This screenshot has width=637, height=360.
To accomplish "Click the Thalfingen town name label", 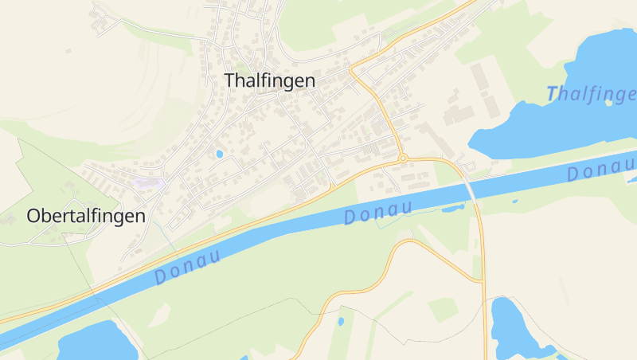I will tap(270, 80).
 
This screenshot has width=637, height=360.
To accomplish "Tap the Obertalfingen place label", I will tap(86, 216).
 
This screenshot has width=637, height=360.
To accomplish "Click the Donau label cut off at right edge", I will tap(601, 168).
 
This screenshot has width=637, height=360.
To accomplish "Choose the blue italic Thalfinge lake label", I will tap(592, 94).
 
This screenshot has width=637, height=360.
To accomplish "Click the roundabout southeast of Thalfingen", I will tap(403, 158).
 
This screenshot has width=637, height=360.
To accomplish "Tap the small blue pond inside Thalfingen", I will tap(219, 154).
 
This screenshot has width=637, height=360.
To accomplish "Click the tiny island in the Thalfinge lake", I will tap(609, 102).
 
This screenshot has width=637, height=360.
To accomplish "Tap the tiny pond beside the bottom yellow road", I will tap(341, 322).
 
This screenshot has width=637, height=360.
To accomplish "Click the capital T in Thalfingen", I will tap(230, 80).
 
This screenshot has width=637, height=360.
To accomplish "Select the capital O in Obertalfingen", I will tap(33, 216).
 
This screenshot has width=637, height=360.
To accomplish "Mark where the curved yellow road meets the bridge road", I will tap(483, 280).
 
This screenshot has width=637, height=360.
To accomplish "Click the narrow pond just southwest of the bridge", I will tap(452, 209).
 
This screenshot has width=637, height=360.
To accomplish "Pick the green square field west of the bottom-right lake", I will tap(443, 309).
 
